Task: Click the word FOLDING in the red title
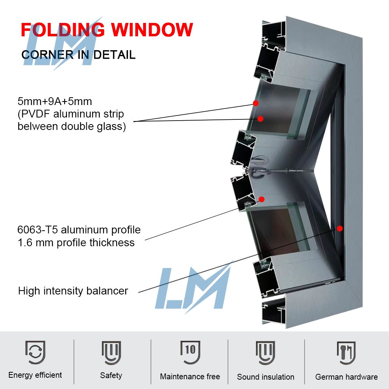pos(62,30)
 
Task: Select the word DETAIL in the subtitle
pos(115,54)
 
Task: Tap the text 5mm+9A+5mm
pos(55,102)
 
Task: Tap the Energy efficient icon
pos(35,352)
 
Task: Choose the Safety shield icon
pos(111,352)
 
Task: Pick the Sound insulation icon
pos(266,352)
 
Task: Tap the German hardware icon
pos(346,352)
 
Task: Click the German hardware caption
pos(346,377)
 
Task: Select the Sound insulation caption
pos(266,377)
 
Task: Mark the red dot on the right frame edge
pos(340,228)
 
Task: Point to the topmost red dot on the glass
pos(256,103)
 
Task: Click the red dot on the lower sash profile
pos(262,199)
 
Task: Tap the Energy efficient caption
pos(35,375)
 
